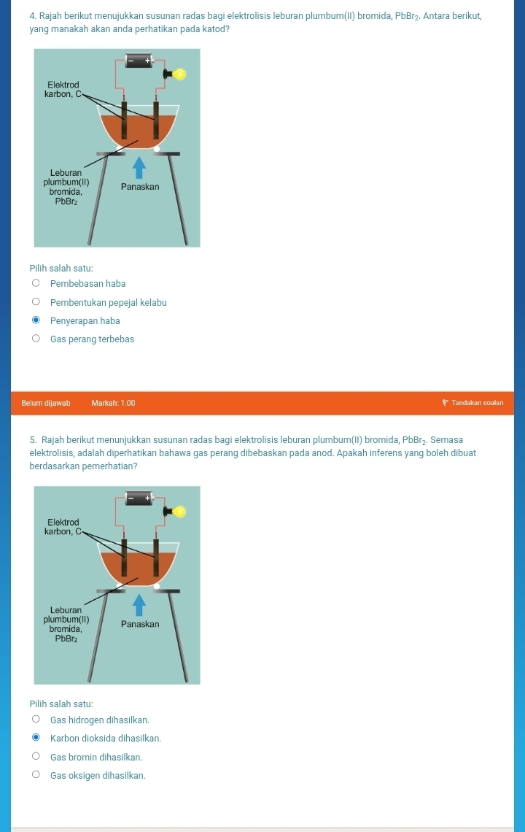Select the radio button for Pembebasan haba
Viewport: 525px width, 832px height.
[x=36, y=284]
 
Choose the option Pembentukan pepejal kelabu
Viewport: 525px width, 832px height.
[x=36, y=302]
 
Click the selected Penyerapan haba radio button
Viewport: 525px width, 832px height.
[x=36, y=320]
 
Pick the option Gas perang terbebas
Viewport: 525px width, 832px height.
[x=36, y=339]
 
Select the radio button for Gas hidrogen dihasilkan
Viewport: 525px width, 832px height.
[x=36, y=720]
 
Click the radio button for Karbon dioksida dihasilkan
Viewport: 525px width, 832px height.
[x=36, y=739]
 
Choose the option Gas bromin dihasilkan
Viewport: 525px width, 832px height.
[x=36, y=757]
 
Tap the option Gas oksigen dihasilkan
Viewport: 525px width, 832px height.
[x=36, y=775]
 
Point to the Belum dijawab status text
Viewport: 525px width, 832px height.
[x=46, y=403]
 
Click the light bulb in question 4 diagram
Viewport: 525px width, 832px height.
[x=179, y=74]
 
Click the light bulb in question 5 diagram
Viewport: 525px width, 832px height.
[x=179, y=512]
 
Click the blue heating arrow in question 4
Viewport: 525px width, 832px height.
[x=139, y=166]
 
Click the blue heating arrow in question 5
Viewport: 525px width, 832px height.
[x=139, y=604]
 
